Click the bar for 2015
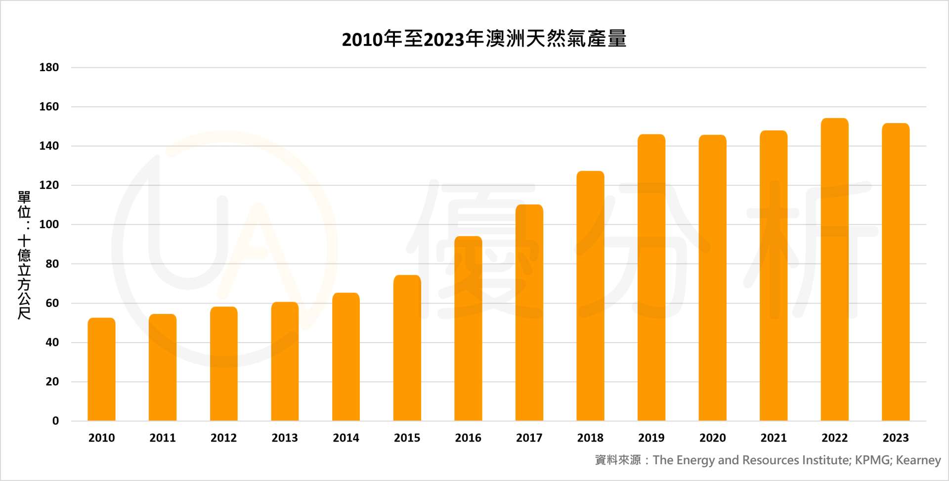[x=407, y=348]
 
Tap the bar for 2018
[x=590, y=296]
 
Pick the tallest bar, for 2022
[x=834, y=269]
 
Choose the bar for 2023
[x=896, y=272]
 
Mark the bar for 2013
[x=285, y=361]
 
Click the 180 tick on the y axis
[x=49, y=67]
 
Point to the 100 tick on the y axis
[x=49, y=224]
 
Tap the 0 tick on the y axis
[x=55, y=421]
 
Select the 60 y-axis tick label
[x=52, y=303]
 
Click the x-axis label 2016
[x=468, y=438]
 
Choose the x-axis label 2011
[x=163, y=438]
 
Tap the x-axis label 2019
[x=651, y=438]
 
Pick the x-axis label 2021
[x=774, y=438]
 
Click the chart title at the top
[x=484, y=39]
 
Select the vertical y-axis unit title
[x=24, y=255]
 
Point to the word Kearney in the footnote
[x=918, y=460]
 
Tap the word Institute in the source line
[x=826, y=460]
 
